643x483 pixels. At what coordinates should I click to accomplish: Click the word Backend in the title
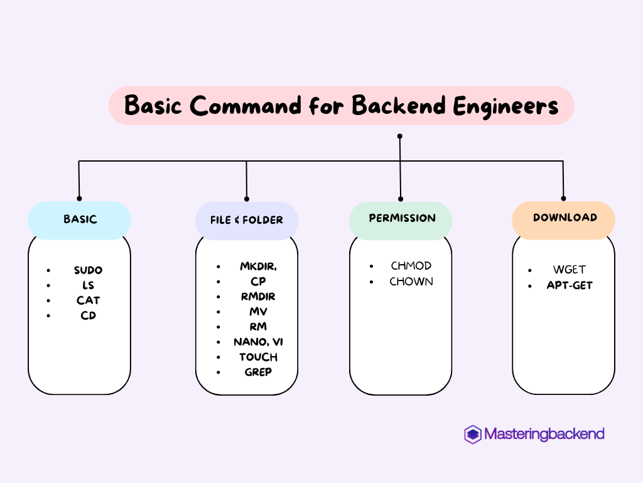(399, 105)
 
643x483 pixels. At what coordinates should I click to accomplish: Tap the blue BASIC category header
(79, 220)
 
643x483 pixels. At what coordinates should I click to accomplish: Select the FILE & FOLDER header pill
(246, 221)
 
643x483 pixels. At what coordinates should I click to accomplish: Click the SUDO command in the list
(88, 270)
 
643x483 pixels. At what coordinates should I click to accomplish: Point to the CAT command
(88, 300)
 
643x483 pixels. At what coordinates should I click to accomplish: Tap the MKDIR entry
(258, 267)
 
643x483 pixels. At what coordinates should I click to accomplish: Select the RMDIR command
(258, 297)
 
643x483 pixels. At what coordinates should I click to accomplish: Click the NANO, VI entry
(258, 341)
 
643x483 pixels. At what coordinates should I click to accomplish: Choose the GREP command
(258, 372)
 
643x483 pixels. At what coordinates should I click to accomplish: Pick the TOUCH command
(258, 357)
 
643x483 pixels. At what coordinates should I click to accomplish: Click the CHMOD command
(411, 266)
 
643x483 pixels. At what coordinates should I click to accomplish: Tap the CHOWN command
(411, 281)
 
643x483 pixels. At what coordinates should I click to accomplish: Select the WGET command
(569, 269)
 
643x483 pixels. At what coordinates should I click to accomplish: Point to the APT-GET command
(570, 285)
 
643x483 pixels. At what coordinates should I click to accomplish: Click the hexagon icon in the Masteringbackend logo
(472, 434)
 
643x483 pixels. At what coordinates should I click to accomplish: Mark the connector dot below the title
(400, 136)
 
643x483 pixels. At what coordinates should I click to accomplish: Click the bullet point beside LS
(48, 286)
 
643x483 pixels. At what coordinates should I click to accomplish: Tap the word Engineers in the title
(505, 106)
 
